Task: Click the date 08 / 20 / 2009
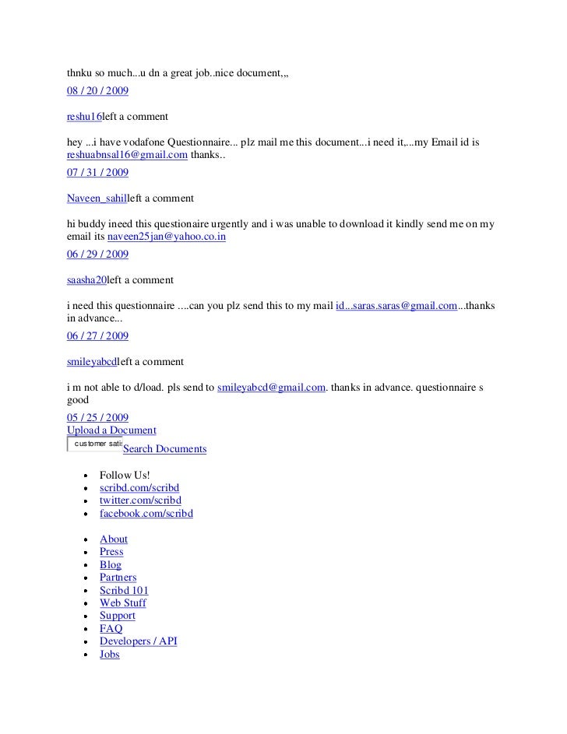point(98,90)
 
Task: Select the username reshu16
point(85,116)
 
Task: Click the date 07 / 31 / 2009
point(98,172)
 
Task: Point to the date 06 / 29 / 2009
point(98,254)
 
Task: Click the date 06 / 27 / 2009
point(98,335)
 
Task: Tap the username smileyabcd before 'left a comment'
point(92,362)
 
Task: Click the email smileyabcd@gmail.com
point(270,387)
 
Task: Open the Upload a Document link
point(111,430)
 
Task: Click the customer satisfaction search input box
point(95,443)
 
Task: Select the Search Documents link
point(164,449)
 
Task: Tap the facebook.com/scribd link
point(146,513)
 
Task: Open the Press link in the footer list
point(111,552)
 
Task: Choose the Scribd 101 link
point(124,590)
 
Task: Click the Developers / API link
point(139,641)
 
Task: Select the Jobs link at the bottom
point(110,655)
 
